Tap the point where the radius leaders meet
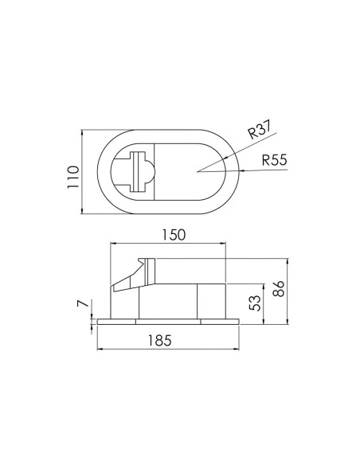(x=196, y=170)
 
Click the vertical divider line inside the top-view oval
(x=155, y=170)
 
